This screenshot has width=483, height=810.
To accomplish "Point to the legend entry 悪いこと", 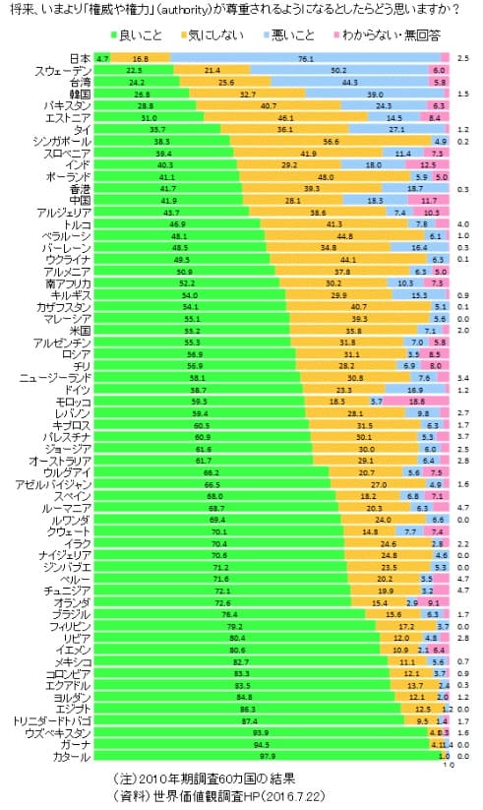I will pyautogui.click(x=292, y=35).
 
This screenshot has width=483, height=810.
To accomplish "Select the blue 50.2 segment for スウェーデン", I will pyautogui.click(x=338, y=71).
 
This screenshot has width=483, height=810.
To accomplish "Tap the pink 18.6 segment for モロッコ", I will pyautogui.click(x=418, y=402).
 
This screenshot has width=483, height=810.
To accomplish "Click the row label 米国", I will pyautogui.click(x=79, y=331).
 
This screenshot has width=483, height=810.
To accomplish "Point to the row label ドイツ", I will pyautogui.click(x=77, y=390).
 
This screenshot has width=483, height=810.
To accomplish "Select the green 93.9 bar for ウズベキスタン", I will pyautogui.click(x=261, y=732).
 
